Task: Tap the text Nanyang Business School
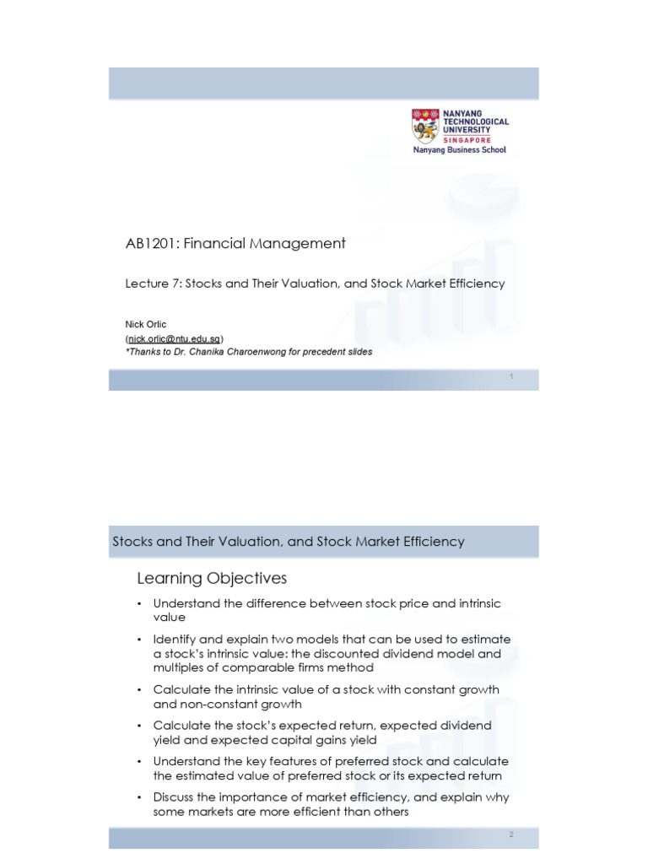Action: (459, 150)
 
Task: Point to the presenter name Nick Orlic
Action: (146, 324)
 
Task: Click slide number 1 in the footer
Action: (511, 376)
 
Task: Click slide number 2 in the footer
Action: (511, 834)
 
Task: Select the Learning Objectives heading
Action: (212, 579)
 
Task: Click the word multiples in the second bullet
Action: (179, 667)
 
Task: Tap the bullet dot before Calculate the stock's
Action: (140, 726)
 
